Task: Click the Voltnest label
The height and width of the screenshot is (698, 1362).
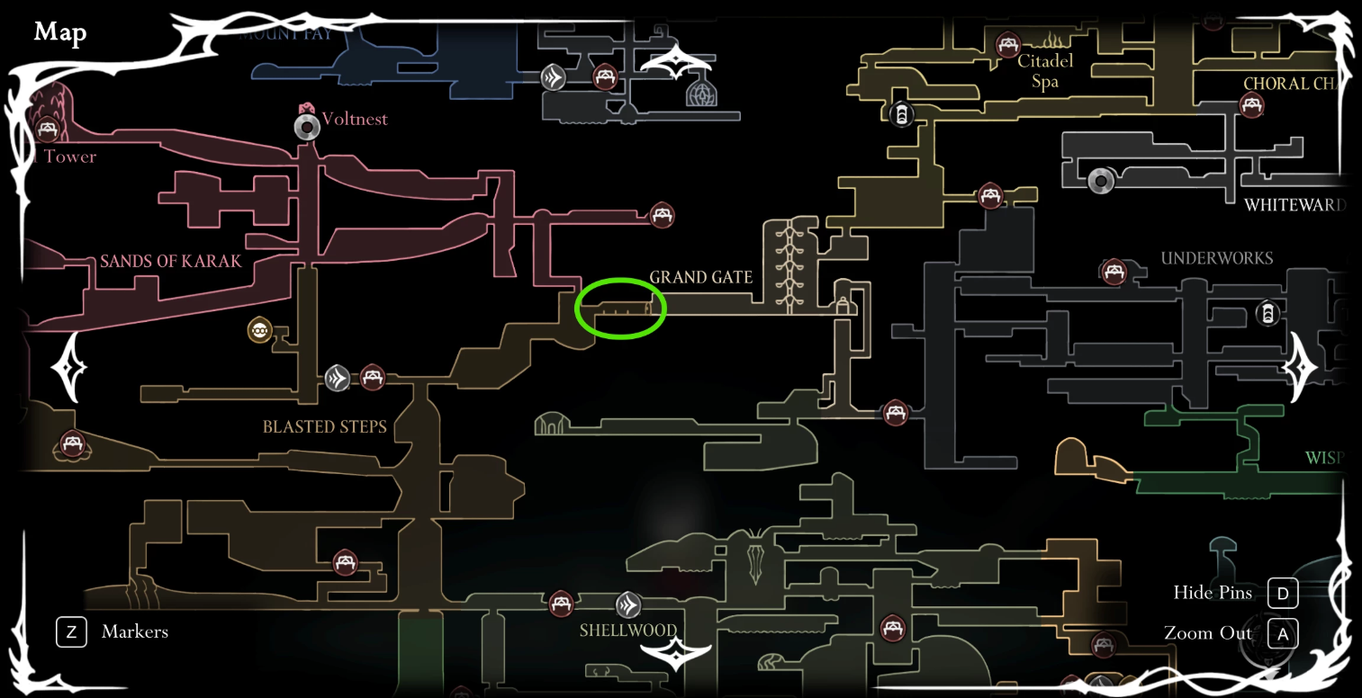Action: (355, 119)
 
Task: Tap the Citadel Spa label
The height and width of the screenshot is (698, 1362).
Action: (1045, 72)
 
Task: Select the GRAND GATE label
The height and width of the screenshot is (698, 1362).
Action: (700, 277)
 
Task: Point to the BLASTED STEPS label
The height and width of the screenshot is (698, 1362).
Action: (324, 426)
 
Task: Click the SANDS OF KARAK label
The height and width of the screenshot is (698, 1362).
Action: (171, 261)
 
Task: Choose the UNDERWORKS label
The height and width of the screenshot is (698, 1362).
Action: (1216, 258)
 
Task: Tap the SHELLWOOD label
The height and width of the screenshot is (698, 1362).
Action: (627, 630)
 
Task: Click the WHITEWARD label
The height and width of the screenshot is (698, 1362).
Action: (1294, 205)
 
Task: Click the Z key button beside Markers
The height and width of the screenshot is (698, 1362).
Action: (70, 632)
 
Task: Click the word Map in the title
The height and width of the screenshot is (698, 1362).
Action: (60, 33)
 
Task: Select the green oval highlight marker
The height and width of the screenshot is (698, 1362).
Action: (620, 309)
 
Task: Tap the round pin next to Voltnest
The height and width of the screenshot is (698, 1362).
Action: (308, 128)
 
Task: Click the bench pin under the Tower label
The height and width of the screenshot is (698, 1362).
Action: (47, 131)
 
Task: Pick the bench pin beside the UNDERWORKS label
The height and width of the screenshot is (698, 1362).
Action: (1114, 271)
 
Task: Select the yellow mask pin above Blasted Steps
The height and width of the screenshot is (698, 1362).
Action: (260, 331)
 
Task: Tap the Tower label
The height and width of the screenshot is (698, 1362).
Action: (70, 157)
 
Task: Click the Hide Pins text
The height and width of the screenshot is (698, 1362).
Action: (1213, 592)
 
